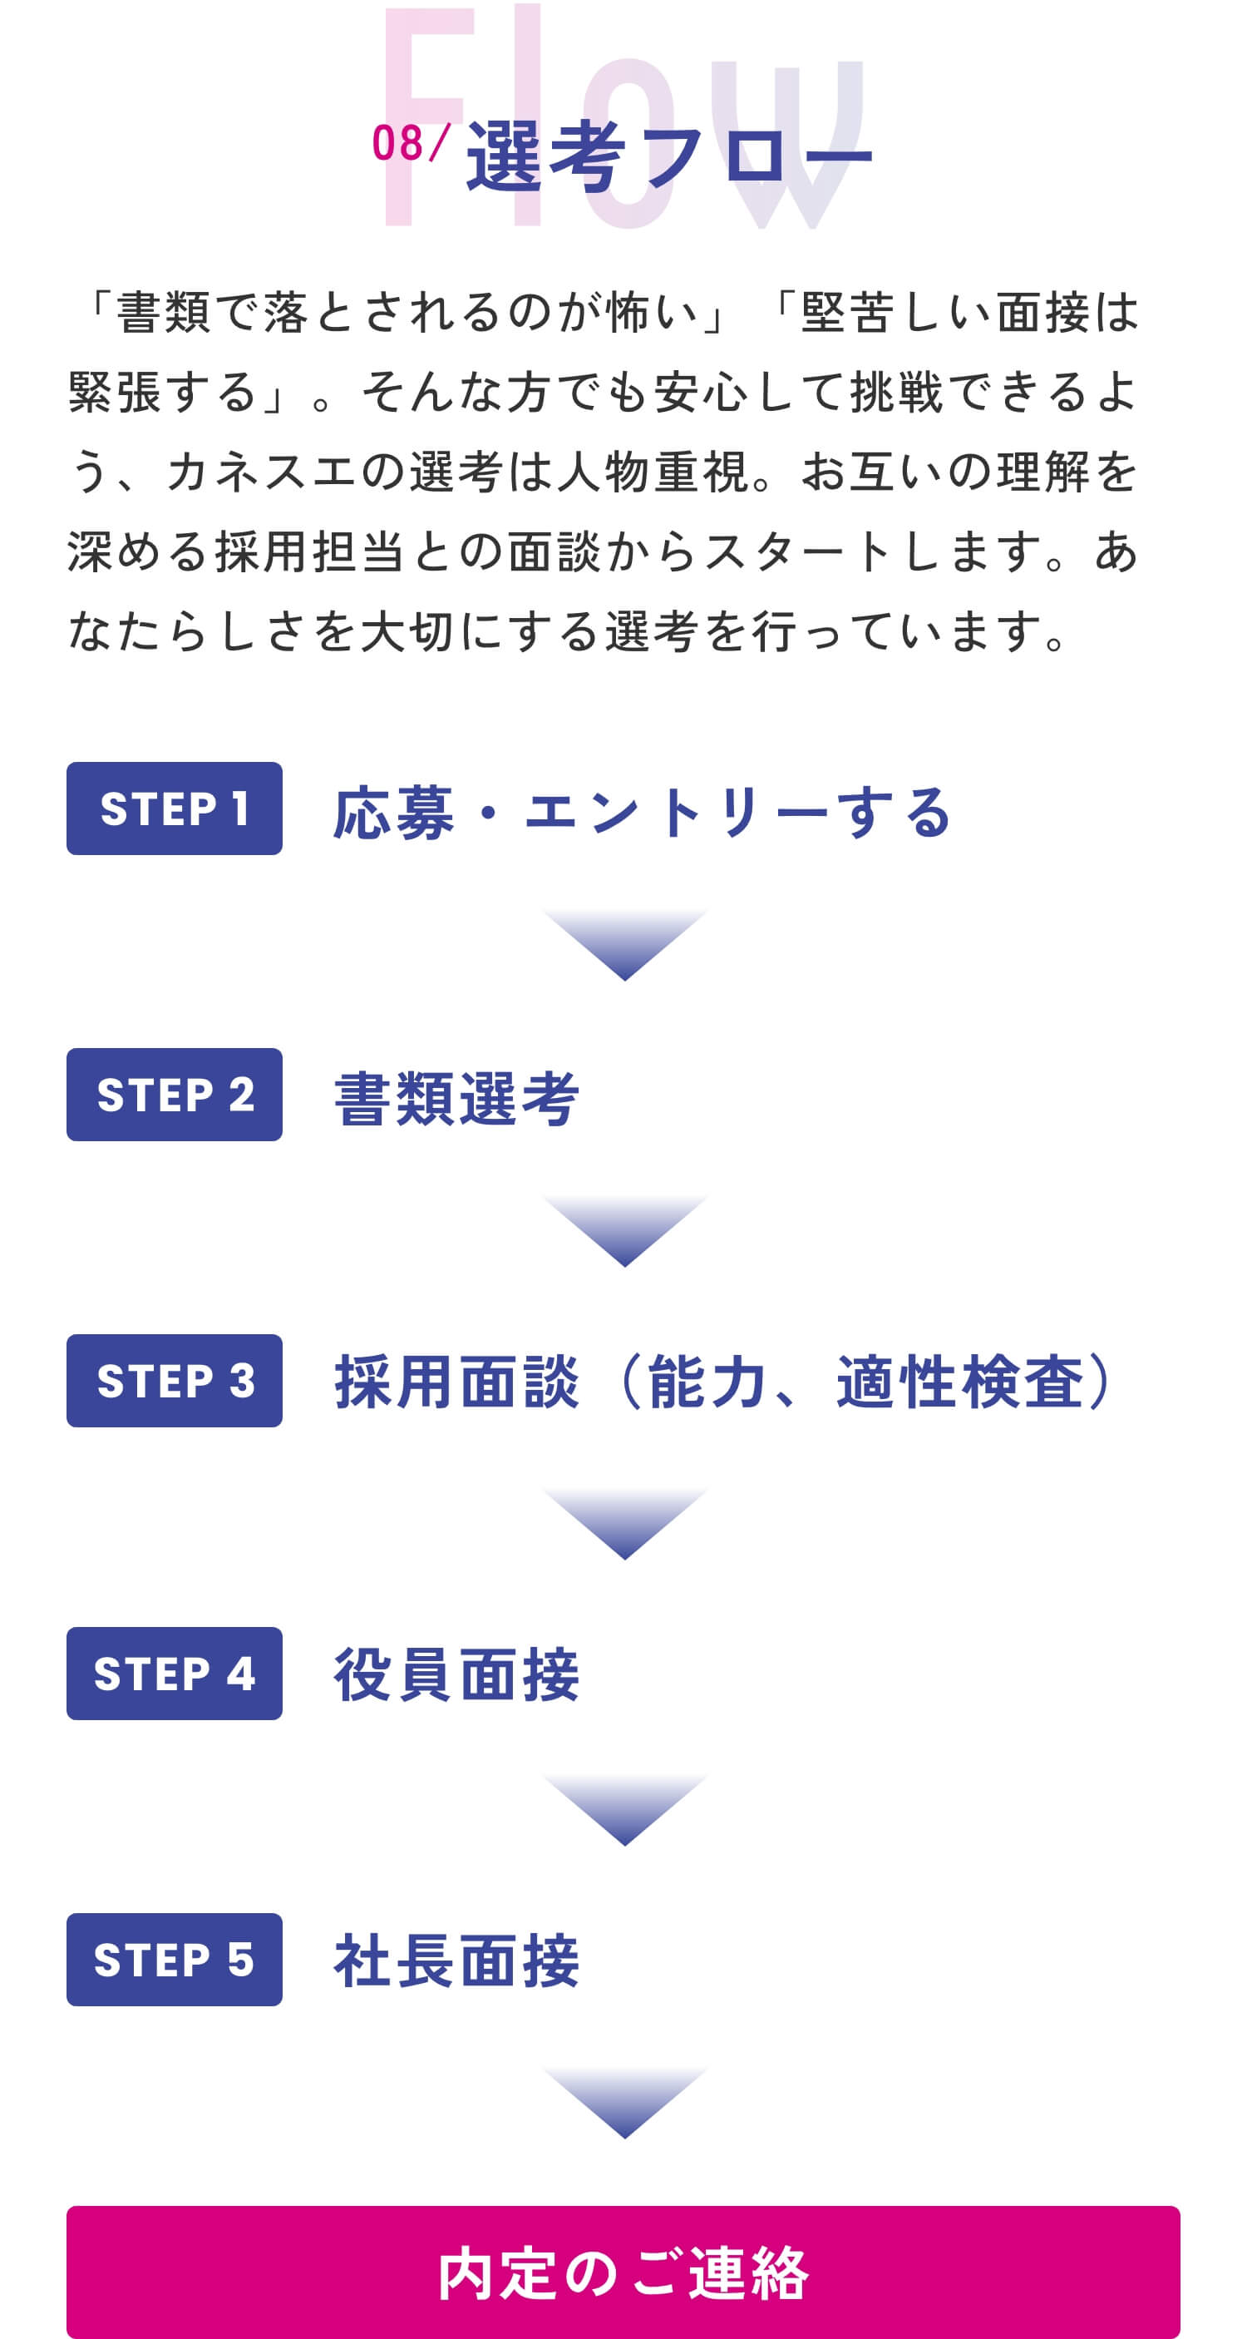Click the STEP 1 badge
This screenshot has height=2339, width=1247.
tap(175, 809)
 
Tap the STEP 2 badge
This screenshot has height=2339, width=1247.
tap(175, 1094)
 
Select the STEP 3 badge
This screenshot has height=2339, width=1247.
tap(175, 1380)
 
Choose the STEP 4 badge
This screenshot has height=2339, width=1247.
tap(175, 1674)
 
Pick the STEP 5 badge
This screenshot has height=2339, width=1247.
tap(175, 1960)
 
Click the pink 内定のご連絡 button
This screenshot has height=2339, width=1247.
tap(623, 2272)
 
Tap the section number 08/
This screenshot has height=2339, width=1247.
tap(409, 143)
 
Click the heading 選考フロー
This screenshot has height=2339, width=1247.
tap(669, 157)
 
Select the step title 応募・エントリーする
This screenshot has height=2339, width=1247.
tap(642, 812)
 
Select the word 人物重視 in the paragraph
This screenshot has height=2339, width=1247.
tap(653, 472)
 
